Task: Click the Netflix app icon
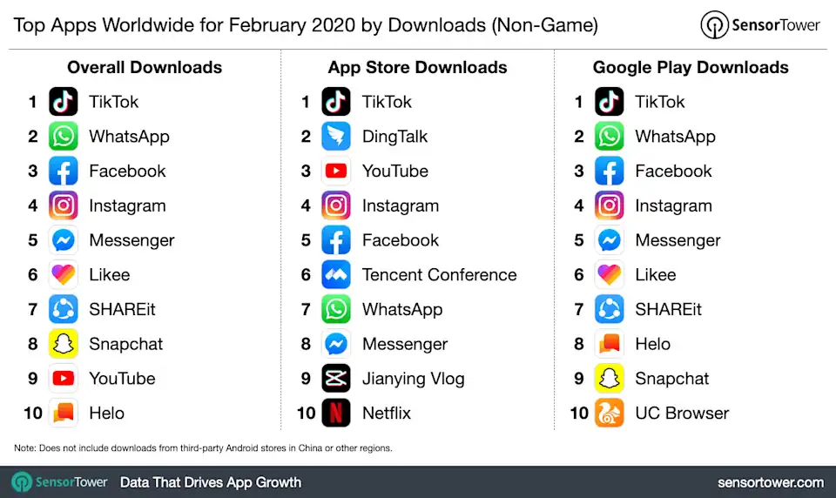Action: tap(336, 413)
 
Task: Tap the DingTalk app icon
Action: tap(336, 136)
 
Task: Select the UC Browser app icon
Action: tap(610, 413)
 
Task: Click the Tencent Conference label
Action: tap(439, 275)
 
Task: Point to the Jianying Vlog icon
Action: tap(336, 379)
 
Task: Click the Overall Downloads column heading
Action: tap(145, 67)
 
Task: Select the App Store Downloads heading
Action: tap(417, 67)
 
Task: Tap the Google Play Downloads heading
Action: tap(691, 67)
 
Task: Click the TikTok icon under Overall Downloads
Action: tap(64, 102)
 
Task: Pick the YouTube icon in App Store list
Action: tap(336, 171)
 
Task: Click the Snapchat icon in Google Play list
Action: tap(610, 379)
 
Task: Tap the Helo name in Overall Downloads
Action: tap(106, 414)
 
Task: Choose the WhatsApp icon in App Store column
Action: tap(336, 309)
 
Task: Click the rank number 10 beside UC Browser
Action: tap(579, 414)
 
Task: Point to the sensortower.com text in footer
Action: tap(770, 482)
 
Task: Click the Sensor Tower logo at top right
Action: tap(760, 25)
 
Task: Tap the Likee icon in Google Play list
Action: tap(610, 275)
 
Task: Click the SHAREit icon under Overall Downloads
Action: tap(64, 309)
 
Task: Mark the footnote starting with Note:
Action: tap(203, 448)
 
